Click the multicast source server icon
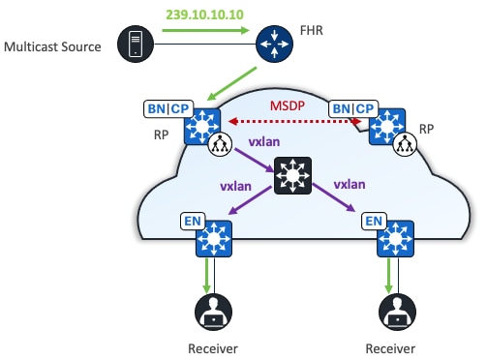pos(132,45)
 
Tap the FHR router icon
pos(276,45)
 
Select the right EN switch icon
pos(394,238)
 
